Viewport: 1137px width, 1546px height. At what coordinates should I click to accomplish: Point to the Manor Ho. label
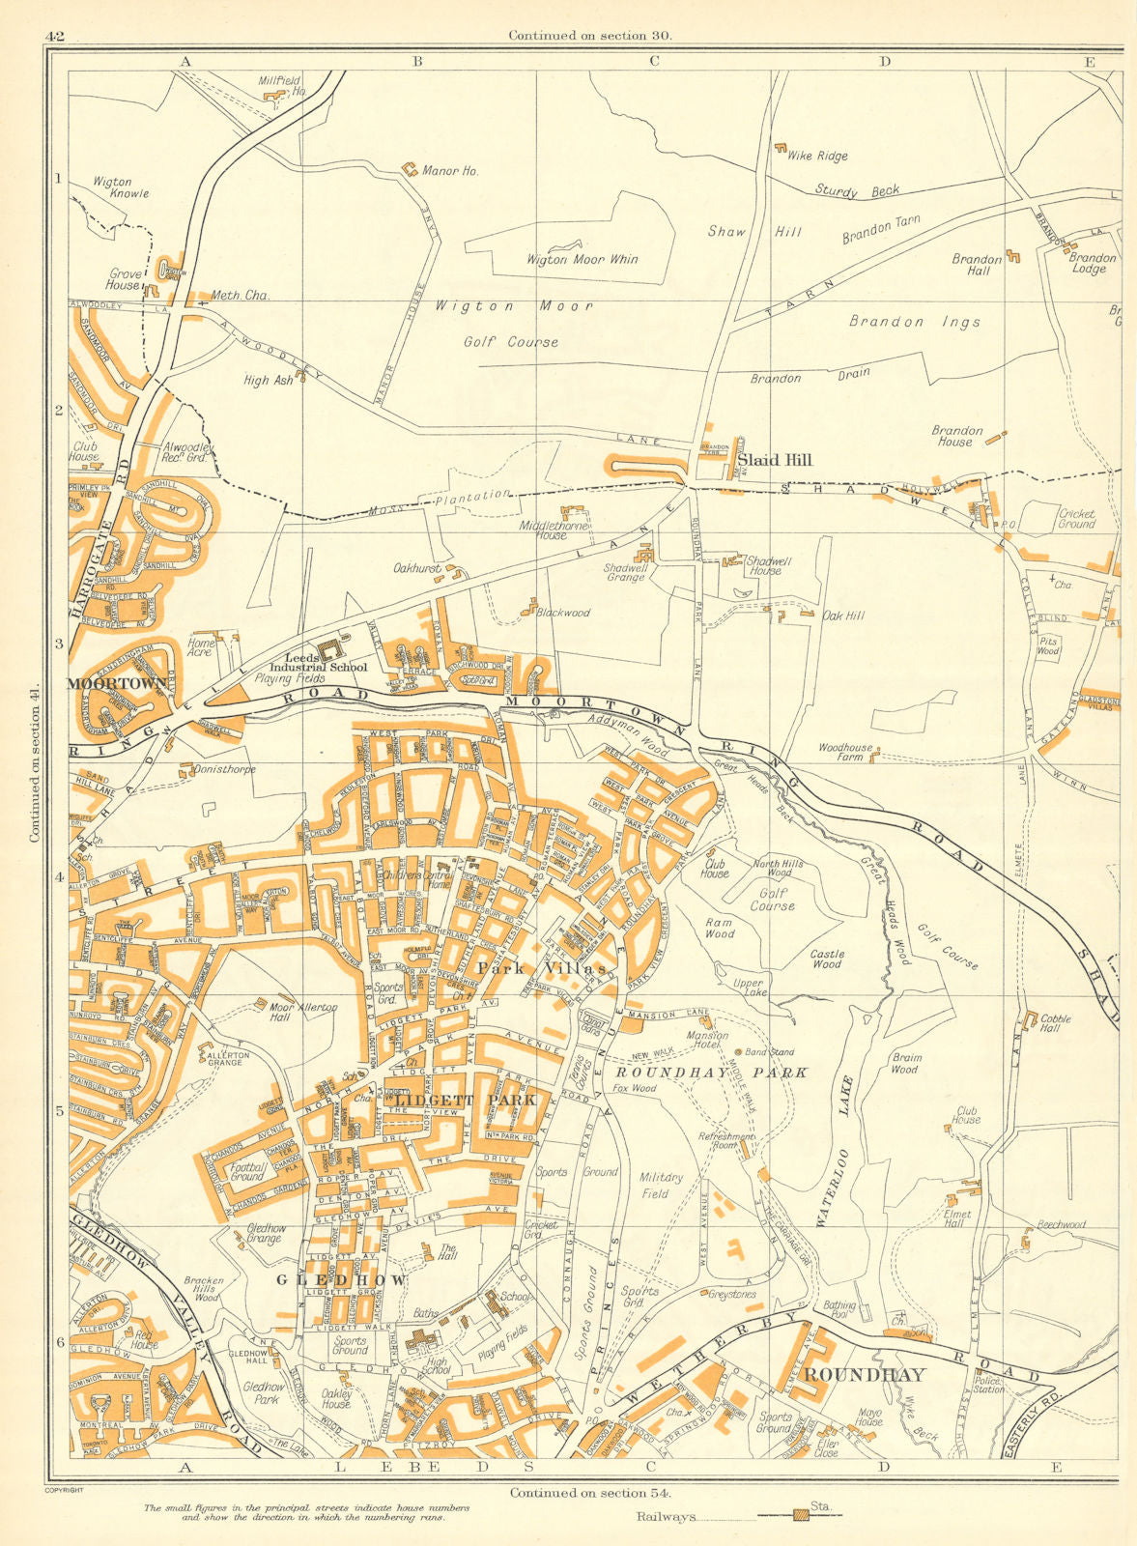tap(450, 171)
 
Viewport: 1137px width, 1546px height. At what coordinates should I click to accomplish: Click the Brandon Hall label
tap(977, 265)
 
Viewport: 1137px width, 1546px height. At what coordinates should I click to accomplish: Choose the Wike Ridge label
tap(817, 156)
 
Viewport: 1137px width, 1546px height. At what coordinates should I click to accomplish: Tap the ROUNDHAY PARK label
tap(711, 1073)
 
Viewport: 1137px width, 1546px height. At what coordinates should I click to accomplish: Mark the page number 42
tap(54, 37)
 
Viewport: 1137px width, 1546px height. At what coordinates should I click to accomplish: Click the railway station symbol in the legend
tap(801, 1515)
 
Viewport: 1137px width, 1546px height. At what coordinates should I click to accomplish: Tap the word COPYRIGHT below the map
tap(65, 1491)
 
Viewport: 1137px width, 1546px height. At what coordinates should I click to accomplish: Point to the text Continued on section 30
tap(590, 36)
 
